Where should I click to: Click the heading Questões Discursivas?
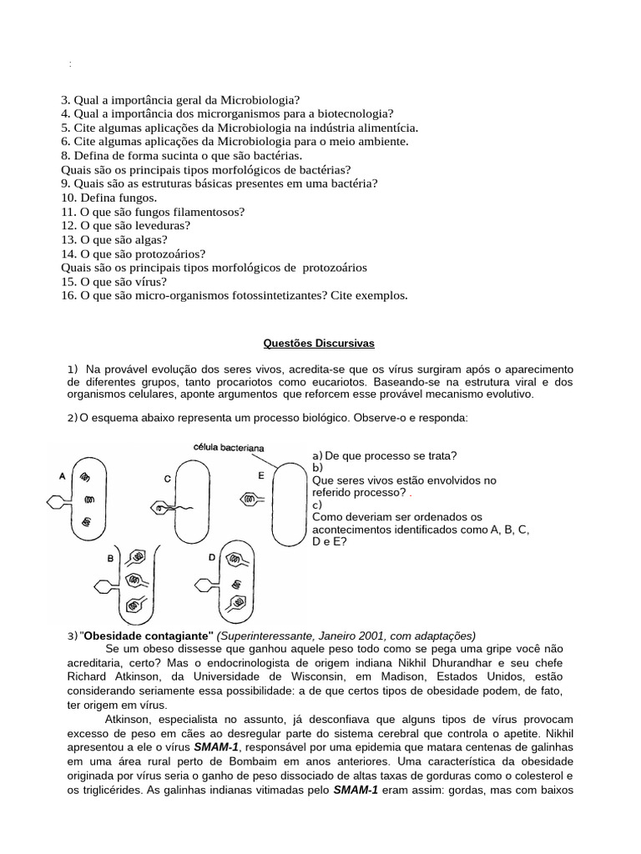tap(320, 343)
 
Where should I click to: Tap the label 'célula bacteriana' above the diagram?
tap(229, 447)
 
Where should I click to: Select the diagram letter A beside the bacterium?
tap(63, 477)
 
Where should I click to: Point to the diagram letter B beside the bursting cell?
tap(109, 558)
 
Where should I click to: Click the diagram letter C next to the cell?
tap(167, 478)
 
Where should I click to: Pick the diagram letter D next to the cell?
tap(212, 556)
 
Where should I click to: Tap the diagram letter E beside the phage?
tap(260, 475)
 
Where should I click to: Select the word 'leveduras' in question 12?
tap(162, 225)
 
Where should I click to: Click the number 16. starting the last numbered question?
tap(69, 296)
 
